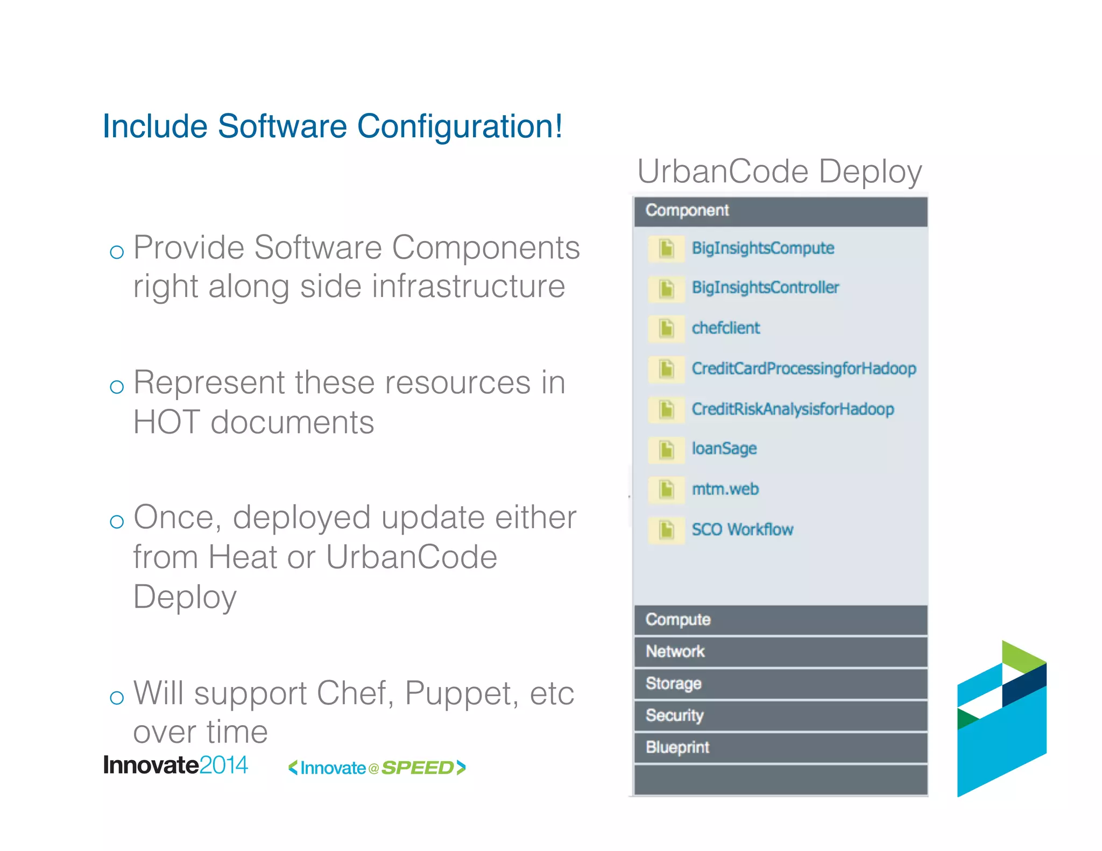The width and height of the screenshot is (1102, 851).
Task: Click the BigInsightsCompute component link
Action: point(762,248)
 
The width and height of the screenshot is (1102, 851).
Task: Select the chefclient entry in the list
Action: point(725,328)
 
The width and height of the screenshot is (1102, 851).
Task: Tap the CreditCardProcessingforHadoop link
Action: point(803,368)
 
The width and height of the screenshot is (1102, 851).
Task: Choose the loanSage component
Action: point(724,448)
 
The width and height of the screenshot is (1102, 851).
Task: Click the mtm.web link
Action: point(725,489)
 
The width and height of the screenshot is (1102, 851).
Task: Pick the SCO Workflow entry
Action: point(742,529)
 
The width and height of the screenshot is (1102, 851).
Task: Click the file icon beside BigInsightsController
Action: point(666,288)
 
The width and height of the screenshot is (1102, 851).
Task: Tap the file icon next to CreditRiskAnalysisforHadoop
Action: point(666,409)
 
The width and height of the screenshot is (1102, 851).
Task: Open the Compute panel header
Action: point(780,620)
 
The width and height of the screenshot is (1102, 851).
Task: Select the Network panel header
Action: point(780,651)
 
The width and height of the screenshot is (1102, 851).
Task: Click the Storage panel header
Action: point(780,683)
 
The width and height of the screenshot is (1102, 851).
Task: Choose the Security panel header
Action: point(780,715)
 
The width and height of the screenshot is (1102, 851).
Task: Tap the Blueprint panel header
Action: point(780,747)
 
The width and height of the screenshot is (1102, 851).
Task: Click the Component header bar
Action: point(780,211)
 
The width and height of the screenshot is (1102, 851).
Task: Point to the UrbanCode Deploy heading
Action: point(779,172)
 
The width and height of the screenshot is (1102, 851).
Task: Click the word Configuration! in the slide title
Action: point(459,127)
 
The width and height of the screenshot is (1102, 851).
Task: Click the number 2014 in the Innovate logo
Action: point(223,765)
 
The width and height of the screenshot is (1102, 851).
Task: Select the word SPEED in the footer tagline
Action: point(418,768)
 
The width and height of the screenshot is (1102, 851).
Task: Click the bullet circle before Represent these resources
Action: point(117,387)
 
